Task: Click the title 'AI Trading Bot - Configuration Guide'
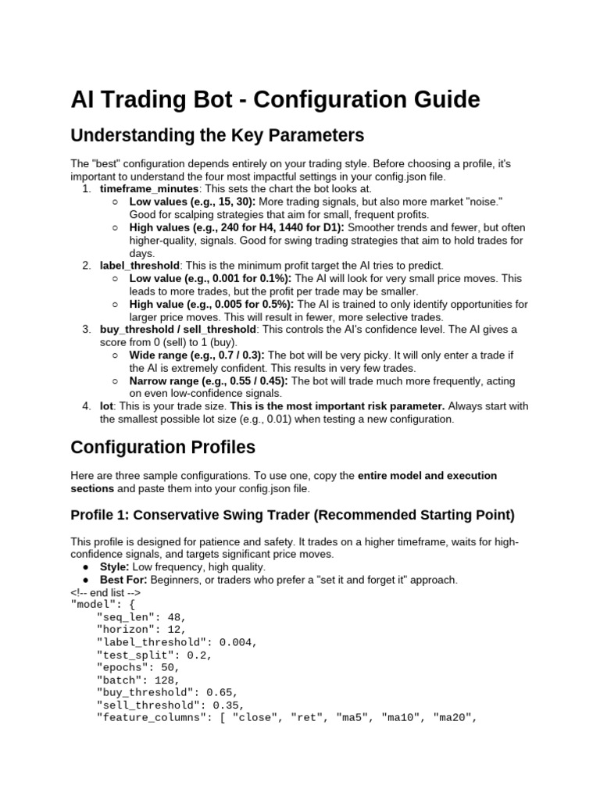(275, 101)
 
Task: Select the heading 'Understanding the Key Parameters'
(217, 136)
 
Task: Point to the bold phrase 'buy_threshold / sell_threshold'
(177, 330)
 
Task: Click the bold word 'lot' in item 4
(107, 406)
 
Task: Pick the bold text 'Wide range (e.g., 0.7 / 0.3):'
(197, 355)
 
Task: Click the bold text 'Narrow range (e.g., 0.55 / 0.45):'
(209, 380)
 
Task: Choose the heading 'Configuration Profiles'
(163, 447)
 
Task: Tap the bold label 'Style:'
(116, 566)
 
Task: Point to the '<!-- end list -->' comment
(105, 592)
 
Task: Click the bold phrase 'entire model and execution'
(427, 475)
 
